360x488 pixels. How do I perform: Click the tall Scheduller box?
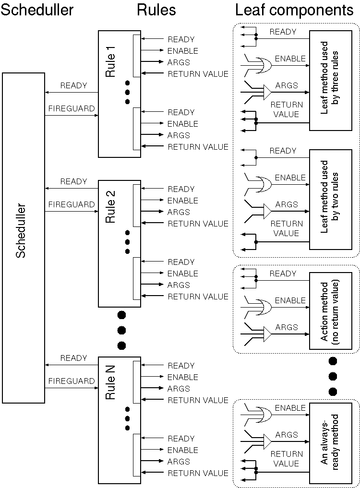[23, 238]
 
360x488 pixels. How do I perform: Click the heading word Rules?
[156, 10]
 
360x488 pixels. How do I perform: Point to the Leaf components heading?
[294, 10]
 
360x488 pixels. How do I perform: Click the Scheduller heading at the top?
[37, 10]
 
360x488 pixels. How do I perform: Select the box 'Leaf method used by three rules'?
[330, 81]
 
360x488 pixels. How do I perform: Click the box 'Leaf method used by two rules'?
[330, 200]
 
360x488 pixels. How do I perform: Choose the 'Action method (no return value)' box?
[330, 311]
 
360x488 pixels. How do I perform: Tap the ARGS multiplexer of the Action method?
[265, 333]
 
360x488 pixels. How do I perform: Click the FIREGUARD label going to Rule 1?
[72, 109]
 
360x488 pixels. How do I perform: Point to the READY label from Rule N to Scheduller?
[73, 358]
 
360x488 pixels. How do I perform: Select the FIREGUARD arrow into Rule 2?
[72, 211]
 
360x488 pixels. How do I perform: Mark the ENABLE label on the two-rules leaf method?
[290, 178]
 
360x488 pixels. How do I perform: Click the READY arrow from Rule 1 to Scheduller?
[72, 93]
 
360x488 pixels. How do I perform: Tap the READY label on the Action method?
[283, 274]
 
